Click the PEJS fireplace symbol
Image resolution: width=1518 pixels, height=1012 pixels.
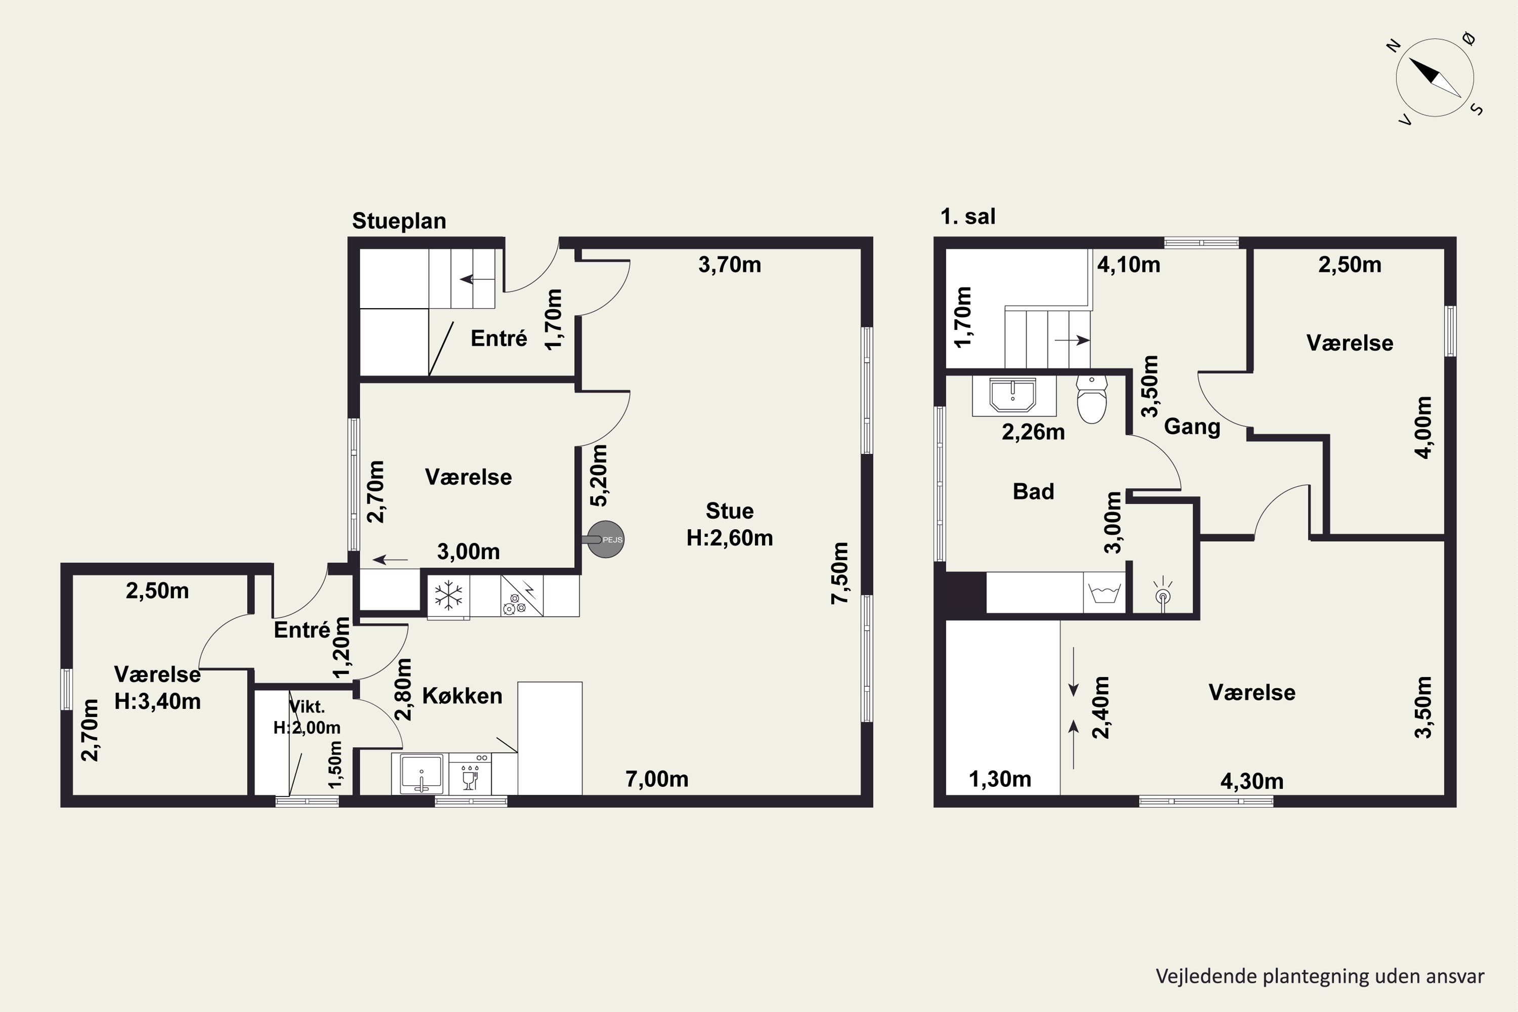coord(605,539)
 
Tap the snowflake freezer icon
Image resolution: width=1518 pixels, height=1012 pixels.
coord(448,596)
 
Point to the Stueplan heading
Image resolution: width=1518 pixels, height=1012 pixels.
coord(399,221)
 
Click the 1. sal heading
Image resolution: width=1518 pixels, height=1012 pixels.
coord(967,216)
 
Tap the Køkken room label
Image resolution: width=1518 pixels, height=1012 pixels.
coord(462,696)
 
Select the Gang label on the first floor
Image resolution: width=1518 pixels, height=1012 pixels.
coord(1192,427)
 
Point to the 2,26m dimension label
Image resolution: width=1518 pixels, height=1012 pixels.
coord(1033,432)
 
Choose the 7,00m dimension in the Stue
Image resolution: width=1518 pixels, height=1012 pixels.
coord(656,779)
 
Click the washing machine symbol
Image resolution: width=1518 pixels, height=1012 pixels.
coord(1104,593)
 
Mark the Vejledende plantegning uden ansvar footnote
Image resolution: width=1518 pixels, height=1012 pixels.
coord(1320,977)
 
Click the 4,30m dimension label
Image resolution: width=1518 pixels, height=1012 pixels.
coord(1251,782)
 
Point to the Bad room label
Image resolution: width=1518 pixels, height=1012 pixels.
coord(1033,492)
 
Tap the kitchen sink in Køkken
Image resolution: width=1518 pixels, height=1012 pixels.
coord(421,773)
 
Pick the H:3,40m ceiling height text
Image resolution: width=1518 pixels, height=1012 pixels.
coord(157,701)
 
